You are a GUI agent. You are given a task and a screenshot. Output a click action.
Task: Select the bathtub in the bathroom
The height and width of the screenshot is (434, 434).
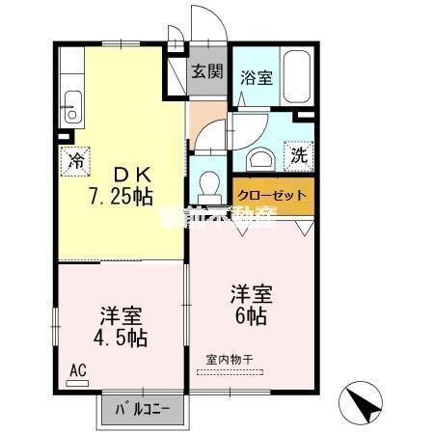click(x=297, y=74)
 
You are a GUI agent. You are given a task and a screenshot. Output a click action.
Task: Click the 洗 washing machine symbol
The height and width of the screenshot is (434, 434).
click(x=299, y=153)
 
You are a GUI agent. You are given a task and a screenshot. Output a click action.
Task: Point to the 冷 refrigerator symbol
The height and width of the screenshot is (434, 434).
click(x=74, y=161)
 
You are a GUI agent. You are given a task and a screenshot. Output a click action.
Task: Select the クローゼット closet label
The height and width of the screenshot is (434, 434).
click(x=273, y=195)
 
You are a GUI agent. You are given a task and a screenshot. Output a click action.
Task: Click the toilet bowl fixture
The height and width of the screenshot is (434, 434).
click(x=205, y=181)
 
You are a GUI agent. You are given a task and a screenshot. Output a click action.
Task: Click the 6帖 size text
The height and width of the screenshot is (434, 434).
click(x=250, y=315)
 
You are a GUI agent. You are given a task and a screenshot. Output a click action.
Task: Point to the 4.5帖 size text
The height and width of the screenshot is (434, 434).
click(x=121, y=339)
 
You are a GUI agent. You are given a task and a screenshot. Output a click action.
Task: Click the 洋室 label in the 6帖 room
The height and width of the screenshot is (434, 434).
click(x=250, y=292)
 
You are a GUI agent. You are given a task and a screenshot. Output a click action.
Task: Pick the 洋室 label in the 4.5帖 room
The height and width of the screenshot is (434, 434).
click(x=122, y=316)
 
